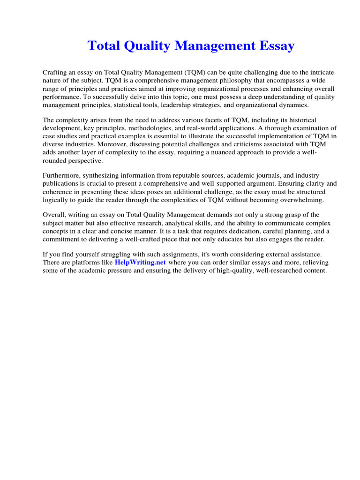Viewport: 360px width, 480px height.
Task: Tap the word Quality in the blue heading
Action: point(147,46)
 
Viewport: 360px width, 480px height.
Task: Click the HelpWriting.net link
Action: point(141,262)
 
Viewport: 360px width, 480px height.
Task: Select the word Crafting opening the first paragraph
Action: point(55,72)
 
